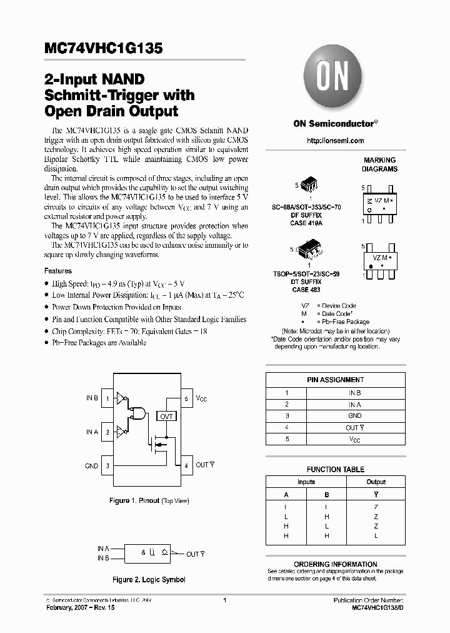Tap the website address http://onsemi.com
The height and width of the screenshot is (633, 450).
coord(335,141)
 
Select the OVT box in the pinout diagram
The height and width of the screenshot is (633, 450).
coord(166,416)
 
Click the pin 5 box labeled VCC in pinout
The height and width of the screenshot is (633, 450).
coord(186,398)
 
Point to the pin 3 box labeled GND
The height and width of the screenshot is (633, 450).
coord(108,465)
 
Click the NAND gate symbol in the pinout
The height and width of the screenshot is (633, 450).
coord(138,414)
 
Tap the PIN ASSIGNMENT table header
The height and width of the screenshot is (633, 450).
coord(335,380)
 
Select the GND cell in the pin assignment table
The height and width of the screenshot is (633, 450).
coord(354,416)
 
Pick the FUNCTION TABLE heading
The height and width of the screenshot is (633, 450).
coord(335,469)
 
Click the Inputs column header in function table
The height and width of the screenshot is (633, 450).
coord(306,482)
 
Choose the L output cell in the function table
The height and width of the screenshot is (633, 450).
coord(376,536)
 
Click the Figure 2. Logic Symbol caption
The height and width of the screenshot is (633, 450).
coord(149,580)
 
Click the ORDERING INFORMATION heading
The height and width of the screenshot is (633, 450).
coord(335,564)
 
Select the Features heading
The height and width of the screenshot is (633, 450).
coord(57,271)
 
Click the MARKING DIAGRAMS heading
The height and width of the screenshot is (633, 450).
coord(379,165)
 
